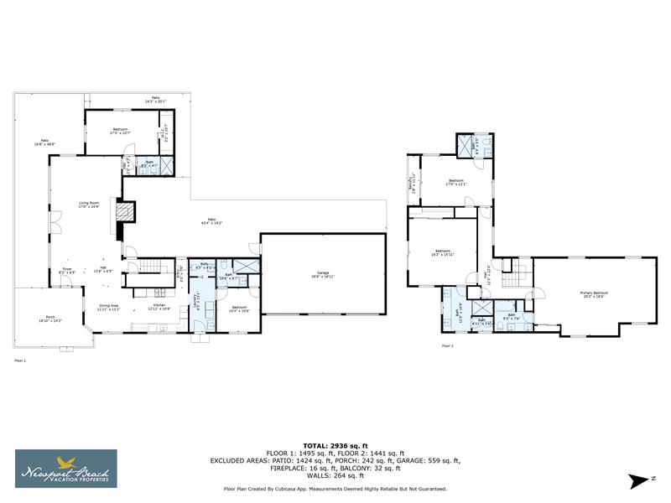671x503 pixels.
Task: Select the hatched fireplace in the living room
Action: [x=123, y=212]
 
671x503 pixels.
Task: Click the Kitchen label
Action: [x=159, y=307]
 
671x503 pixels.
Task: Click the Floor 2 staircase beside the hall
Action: [x=520, y=272]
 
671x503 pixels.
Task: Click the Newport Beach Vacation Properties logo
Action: [x=66, y=468]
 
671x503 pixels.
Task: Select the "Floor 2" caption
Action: [x=447, y=345]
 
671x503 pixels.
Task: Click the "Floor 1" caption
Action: [x=20, y=360]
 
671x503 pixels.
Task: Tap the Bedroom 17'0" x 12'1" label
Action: [x=456, y=182]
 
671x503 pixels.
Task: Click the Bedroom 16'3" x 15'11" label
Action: [x=443, y=252]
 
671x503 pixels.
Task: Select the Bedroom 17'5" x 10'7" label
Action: [x=121, y=131]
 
